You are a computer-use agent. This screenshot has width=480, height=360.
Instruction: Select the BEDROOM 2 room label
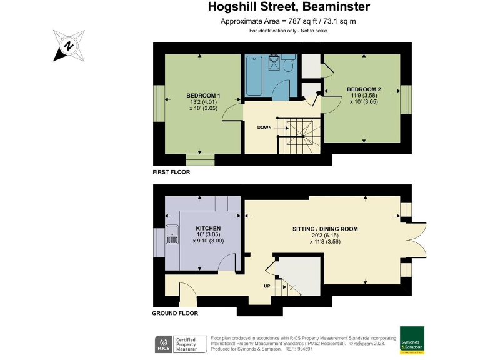pyautogui.click(x=364, y=89)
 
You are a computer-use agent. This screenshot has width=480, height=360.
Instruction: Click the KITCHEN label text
pyautogui.click(x=208, y=228)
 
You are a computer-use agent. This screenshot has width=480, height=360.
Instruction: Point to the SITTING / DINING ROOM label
pyautogui.click(x=325, y=229)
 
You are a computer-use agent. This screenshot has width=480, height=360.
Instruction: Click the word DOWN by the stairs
pyautogui.click(x=264, y=127)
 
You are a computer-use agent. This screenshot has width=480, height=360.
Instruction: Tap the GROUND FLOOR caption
pyautogui.click(x=175, y=313)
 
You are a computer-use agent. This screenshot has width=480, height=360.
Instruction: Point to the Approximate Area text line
pyautogui.click(x=288, y=22)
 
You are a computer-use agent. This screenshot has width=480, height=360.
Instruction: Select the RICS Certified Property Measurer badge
pyautogui.click(x=181, y=344)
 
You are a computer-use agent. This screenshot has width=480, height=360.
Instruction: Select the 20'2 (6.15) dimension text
pyautogui.click(x=325, y=237)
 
